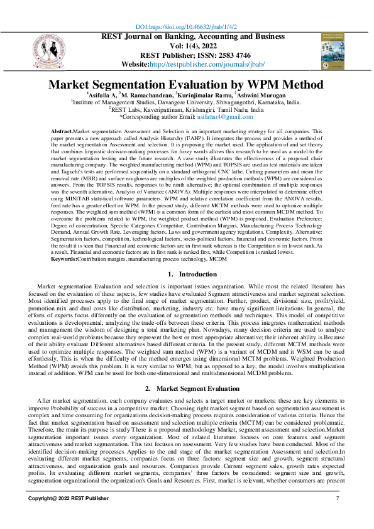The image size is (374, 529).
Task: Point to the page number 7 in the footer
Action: [338, 498]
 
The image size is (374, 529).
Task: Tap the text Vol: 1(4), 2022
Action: [187, 46]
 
